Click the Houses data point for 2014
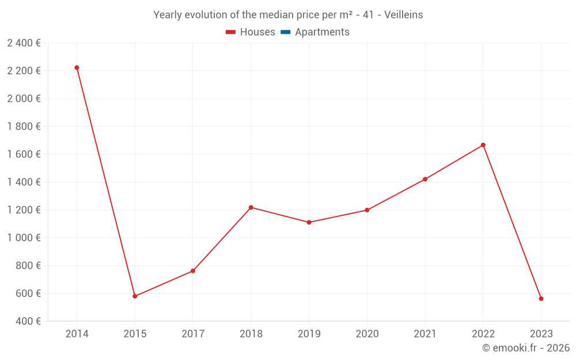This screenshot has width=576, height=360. point(77,68)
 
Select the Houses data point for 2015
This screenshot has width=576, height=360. point(135,296)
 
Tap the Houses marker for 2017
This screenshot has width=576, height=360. point(193,271)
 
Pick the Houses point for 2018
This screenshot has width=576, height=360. point(251,207)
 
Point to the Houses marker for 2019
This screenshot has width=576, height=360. point(309,222)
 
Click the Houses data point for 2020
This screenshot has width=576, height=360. point(367,210)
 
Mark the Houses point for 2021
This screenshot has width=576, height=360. point(425,179)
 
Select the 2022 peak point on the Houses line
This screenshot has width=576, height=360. point(483,145)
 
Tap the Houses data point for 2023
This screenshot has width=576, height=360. point(541,298)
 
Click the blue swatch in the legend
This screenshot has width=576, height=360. point(285,32)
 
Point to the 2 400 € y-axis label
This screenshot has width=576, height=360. point(24,43)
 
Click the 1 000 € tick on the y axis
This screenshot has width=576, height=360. point(24,238)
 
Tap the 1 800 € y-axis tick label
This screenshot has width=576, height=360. point(24,127)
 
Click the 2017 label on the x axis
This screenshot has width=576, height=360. point(193,334)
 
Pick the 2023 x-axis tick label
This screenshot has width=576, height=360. point(541,334)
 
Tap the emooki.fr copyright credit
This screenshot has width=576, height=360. point(526,348)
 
